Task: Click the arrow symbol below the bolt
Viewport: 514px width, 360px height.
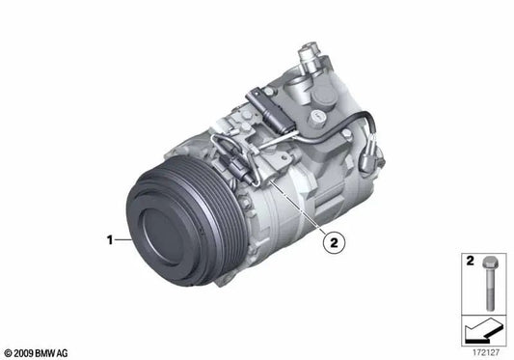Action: click(x=476, y=331)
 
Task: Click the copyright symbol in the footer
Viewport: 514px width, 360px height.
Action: click(x=8, y=351)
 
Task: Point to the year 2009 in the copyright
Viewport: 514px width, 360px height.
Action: click(x=23, y=351)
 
